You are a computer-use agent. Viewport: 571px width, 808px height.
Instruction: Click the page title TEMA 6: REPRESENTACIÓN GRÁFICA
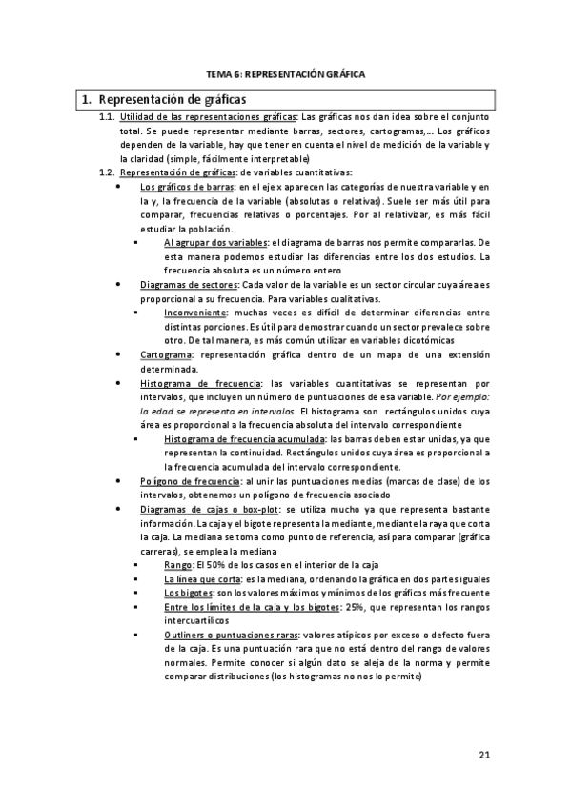(286, 72)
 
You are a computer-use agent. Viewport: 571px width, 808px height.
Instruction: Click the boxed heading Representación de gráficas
(172, 98)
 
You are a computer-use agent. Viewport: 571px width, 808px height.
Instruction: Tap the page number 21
(484, 756)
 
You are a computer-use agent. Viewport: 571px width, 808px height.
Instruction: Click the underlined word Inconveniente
(195, 313)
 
